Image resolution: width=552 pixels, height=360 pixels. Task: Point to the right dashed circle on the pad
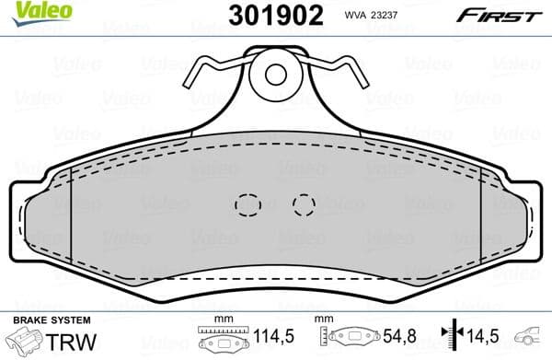(x=303, y=203)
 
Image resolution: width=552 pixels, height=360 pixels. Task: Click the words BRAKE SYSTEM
(x=51, y=319)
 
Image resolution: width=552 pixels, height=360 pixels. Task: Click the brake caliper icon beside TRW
(x=24, y=343)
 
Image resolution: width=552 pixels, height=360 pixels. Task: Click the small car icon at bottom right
(x=532, y=338)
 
